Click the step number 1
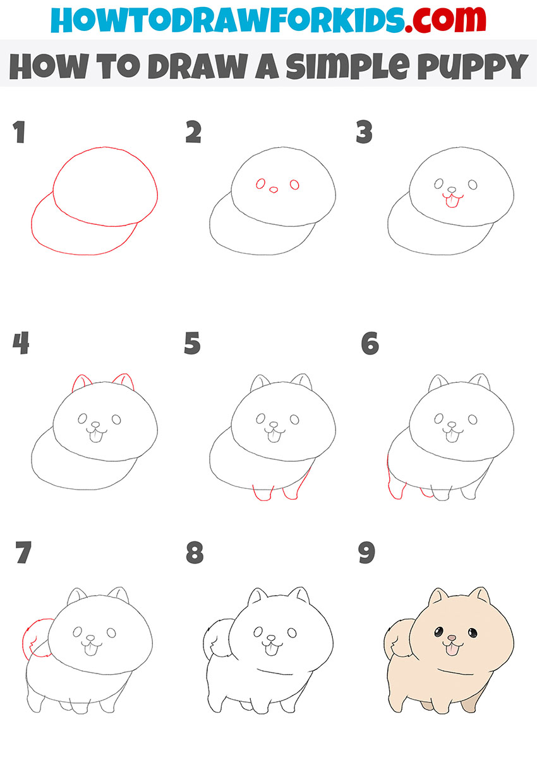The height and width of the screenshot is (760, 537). click(19, 133)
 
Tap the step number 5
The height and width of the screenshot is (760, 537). click(193, 344)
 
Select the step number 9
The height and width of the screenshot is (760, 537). click(366, 553)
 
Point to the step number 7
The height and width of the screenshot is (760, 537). click(22, 553)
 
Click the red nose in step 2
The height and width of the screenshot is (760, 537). click(274, 189)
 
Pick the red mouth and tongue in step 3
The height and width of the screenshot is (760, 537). click(451, 200)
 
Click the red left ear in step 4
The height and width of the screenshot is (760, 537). click(81, 383)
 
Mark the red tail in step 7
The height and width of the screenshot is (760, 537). click(33, 639)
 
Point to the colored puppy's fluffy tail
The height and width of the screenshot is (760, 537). click(397, 638)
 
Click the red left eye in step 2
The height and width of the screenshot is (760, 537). click(260, 184)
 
